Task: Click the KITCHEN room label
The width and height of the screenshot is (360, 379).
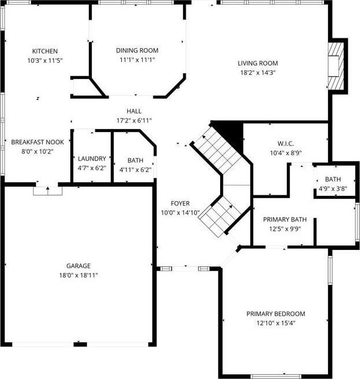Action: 45,51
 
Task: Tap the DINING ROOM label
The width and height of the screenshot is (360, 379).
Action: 137,51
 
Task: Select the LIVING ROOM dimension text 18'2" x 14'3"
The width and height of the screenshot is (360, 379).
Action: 258,73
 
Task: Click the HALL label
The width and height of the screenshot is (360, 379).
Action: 134,111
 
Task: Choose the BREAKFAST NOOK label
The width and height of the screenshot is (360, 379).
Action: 38,142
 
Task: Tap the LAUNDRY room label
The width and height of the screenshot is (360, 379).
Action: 92,159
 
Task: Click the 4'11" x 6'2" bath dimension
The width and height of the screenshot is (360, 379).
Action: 135,170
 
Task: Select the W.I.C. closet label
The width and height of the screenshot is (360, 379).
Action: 286,144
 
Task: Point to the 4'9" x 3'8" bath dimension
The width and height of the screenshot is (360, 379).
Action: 333,189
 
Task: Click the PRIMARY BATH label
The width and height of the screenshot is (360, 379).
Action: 285,220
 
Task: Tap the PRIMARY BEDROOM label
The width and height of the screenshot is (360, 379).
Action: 276,314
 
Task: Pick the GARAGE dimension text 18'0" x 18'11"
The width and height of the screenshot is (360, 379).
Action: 78,276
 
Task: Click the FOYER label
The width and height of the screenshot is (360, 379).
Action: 180,203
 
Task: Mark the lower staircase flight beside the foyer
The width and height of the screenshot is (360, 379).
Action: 219,217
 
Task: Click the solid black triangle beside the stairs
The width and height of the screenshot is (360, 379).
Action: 231,133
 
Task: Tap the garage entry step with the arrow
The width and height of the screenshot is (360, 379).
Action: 48,191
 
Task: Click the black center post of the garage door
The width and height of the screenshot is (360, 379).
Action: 80,345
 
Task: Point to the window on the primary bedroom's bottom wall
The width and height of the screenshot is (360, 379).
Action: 276,376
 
